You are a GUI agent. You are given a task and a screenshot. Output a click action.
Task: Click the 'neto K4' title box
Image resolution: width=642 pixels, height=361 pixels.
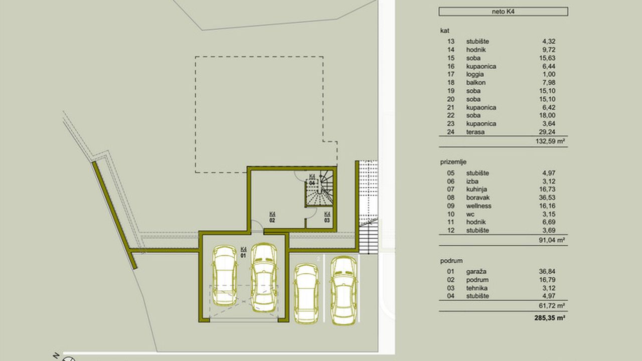coord(503,12)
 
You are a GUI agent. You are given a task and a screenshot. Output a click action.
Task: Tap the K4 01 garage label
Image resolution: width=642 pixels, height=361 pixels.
coord(243,252)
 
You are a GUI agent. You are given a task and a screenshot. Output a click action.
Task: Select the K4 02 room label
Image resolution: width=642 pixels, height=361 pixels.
coord(272,217)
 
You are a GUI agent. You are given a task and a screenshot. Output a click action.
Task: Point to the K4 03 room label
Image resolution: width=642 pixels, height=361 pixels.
coord(327,217)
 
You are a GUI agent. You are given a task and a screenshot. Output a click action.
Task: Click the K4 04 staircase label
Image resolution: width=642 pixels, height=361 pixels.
coord(312,179)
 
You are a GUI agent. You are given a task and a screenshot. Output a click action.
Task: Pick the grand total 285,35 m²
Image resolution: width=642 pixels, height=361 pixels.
coord(549,318)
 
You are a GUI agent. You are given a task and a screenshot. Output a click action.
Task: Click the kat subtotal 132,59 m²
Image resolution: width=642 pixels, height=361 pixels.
coord(550,141)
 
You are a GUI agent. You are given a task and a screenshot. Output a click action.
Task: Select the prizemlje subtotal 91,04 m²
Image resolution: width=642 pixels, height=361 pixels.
coord(552,240)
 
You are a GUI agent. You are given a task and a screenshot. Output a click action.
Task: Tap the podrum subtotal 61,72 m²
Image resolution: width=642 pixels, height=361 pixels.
coord(552,306)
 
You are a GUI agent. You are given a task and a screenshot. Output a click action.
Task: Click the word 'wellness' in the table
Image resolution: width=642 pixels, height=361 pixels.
coord(478,206)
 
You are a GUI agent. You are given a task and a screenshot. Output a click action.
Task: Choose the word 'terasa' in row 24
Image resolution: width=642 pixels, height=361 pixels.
coord(475,132)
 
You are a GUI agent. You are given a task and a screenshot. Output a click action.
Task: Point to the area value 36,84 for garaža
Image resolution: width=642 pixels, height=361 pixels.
coord(547,271)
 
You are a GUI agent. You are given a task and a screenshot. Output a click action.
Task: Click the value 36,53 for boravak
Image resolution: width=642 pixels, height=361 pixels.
coord(547,198)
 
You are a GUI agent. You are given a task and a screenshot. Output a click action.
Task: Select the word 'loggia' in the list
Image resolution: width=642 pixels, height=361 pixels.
coord(475,75)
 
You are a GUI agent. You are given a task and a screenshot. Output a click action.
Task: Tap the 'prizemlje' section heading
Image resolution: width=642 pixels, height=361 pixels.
coord(453,162)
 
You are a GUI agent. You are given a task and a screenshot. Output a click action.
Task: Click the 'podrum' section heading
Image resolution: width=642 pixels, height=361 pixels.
coord(451,261)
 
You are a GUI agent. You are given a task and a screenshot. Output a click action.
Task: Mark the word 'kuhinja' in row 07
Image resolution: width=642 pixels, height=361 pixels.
coord(476,190)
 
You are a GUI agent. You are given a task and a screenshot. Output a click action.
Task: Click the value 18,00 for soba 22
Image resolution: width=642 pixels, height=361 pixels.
coord(547,115)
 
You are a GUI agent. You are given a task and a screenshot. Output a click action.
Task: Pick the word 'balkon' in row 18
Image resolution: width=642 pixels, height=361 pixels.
coord(476,83)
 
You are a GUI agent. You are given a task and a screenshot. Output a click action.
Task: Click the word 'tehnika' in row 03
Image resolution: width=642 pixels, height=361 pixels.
coord(476,288)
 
